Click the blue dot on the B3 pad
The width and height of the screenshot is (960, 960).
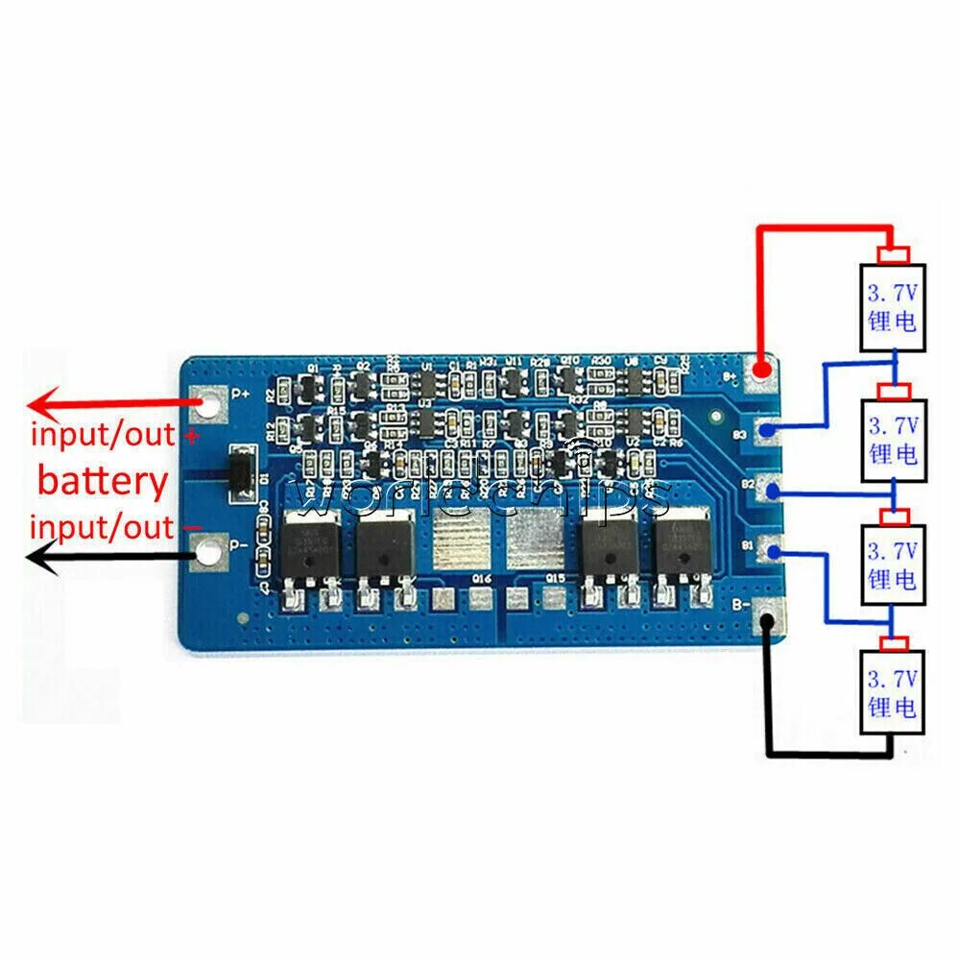[x=768, y=431]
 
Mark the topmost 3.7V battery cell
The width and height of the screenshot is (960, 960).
[x=893, y=306]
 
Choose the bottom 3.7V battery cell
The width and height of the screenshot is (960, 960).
[x=893, y=692]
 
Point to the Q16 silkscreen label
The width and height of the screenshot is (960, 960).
[x=482, y=579]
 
